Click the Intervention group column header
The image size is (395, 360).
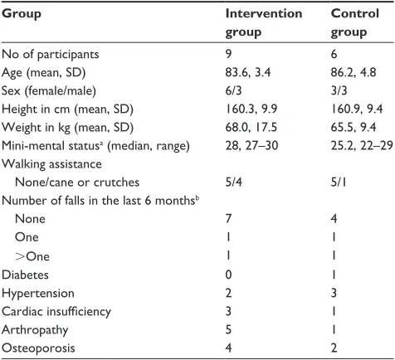[x=264, y=22]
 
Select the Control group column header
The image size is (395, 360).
[x=355, y=22]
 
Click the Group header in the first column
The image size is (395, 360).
[x=22, y=14]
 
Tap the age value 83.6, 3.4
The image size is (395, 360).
[x=248, y=72]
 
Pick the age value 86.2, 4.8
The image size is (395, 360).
[x=354, y=72]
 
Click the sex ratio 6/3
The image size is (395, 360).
[x=233, y=90]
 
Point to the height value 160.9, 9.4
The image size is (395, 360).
[x=357, y=109]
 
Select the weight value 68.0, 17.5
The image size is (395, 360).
[x=251, y=127]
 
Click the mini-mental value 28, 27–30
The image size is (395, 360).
[x=251, y=145]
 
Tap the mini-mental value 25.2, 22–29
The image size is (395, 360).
[x=362, y=145]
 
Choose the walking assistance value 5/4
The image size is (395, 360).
[x=233, y=182]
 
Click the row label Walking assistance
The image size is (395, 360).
[x=51, y=164]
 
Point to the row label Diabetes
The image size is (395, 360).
[x=25, y=275]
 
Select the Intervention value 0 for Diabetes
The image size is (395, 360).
[x=228, y=275]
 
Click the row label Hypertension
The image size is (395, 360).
[x=38, y=294]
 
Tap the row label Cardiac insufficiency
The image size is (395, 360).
[x=56, y=312]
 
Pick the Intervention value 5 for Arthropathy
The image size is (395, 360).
[x=228, y=329]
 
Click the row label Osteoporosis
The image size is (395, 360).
[x=38, y=348]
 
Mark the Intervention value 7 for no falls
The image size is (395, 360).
[x=228, y=219]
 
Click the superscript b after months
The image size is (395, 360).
[x=197, y=198]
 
